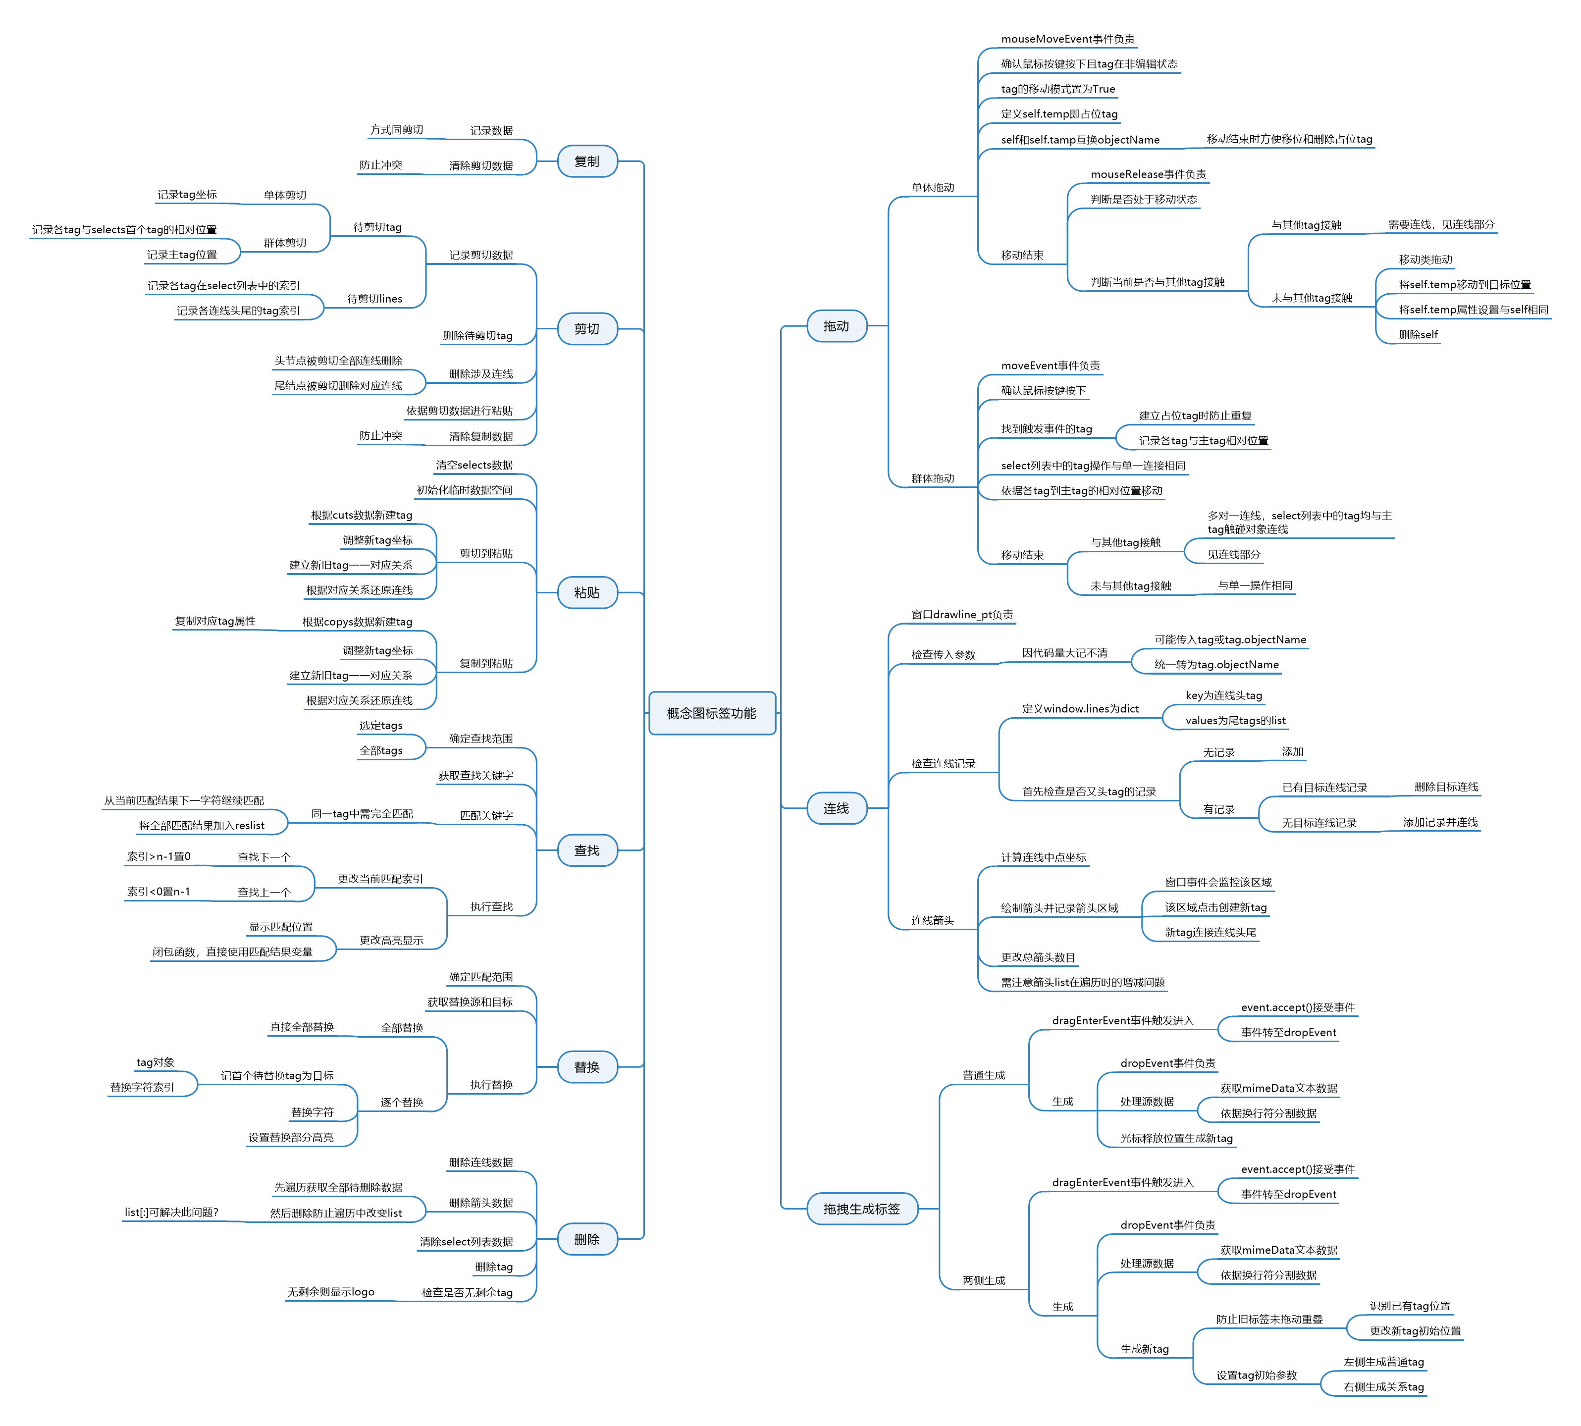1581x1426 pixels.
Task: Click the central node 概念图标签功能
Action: tap(711, 713)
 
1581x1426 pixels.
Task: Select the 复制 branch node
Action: tap(587, 161)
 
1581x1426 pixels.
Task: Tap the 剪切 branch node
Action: tap(587, 328)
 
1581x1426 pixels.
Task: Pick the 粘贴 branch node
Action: tap(587, 592)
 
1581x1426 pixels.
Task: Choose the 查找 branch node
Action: tap(587, 850)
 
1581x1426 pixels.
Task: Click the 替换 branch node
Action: tap(587, 1067)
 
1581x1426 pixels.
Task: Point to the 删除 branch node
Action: tap(587, 1240)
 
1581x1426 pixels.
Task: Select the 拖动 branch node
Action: tap(836, 326)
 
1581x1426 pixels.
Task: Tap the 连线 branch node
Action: tap(836, 808)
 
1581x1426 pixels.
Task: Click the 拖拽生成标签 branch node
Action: tap(861, 1209)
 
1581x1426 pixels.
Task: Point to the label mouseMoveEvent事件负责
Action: tap(1067, 39)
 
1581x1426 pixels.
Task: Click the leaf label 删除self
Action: tap(1418, 334)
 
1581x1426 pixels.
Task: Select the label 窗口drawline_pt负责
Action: tap(961, 614)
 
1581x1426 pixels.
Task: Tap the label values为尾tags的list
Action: tap(1235, 721)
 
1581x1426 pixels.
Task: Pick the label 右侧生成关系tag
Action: tap(1383, 1387)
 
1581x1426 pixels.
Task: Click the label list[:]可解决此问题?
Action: tap(171, 1212)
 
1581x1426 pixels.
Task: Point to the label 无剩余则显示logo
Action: tap(331, 1292)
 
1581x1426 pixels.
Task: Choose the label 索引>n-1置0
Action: tap(159, 856)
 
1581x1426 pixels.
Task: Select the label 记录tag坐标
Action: tap(187, 194)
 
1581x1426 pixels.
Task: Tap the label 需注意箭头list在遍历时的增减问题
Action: tap(1082, 983)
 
